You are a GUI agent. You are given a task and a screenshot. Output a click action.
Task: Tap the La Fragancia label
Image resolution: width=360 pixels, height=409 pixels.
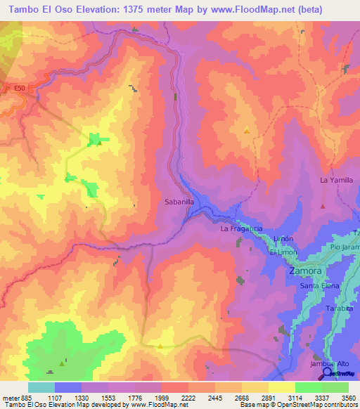coord(241,229)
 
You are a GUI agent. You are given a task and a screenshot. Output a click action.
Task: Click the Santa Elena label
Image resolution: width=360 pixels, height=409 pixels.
coord(320,286)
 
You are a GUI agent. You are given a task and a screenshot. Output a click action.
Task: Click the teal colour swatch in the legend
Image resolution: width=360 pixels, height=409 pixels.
coord(41,387)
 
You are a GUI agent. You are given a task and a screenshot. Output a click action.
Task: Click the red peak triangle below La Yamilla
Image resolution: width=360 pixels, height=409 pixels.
coord(323,207)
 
